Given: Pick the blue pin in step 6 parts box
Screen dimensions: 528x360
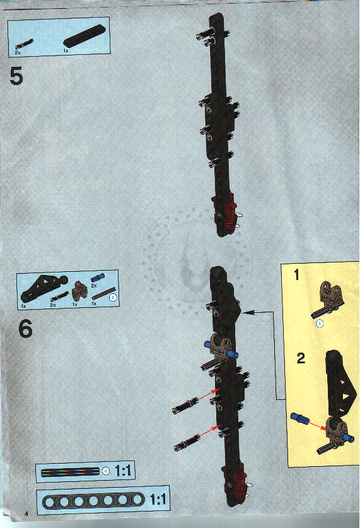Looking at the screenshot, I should tap(97, 278).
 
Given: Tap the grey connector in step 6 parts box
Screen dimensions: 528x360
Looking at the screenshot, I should tap(79, 290).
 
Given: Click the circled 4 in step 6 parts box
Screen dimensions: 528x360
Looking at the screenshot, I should tap(112, 296).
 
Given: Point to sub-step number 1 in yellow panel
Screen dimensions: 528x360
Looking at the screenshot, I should tap(297, 275).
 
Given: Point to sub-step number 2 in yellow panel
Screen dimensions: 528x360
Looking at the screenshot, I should tap(301, 359).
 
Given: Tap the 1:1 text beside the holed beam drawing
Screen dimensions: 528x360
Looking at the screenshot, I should tap(158, 500).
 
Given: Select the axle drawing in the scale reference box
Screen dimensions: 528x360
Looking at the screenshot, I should tap(69, 471).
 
